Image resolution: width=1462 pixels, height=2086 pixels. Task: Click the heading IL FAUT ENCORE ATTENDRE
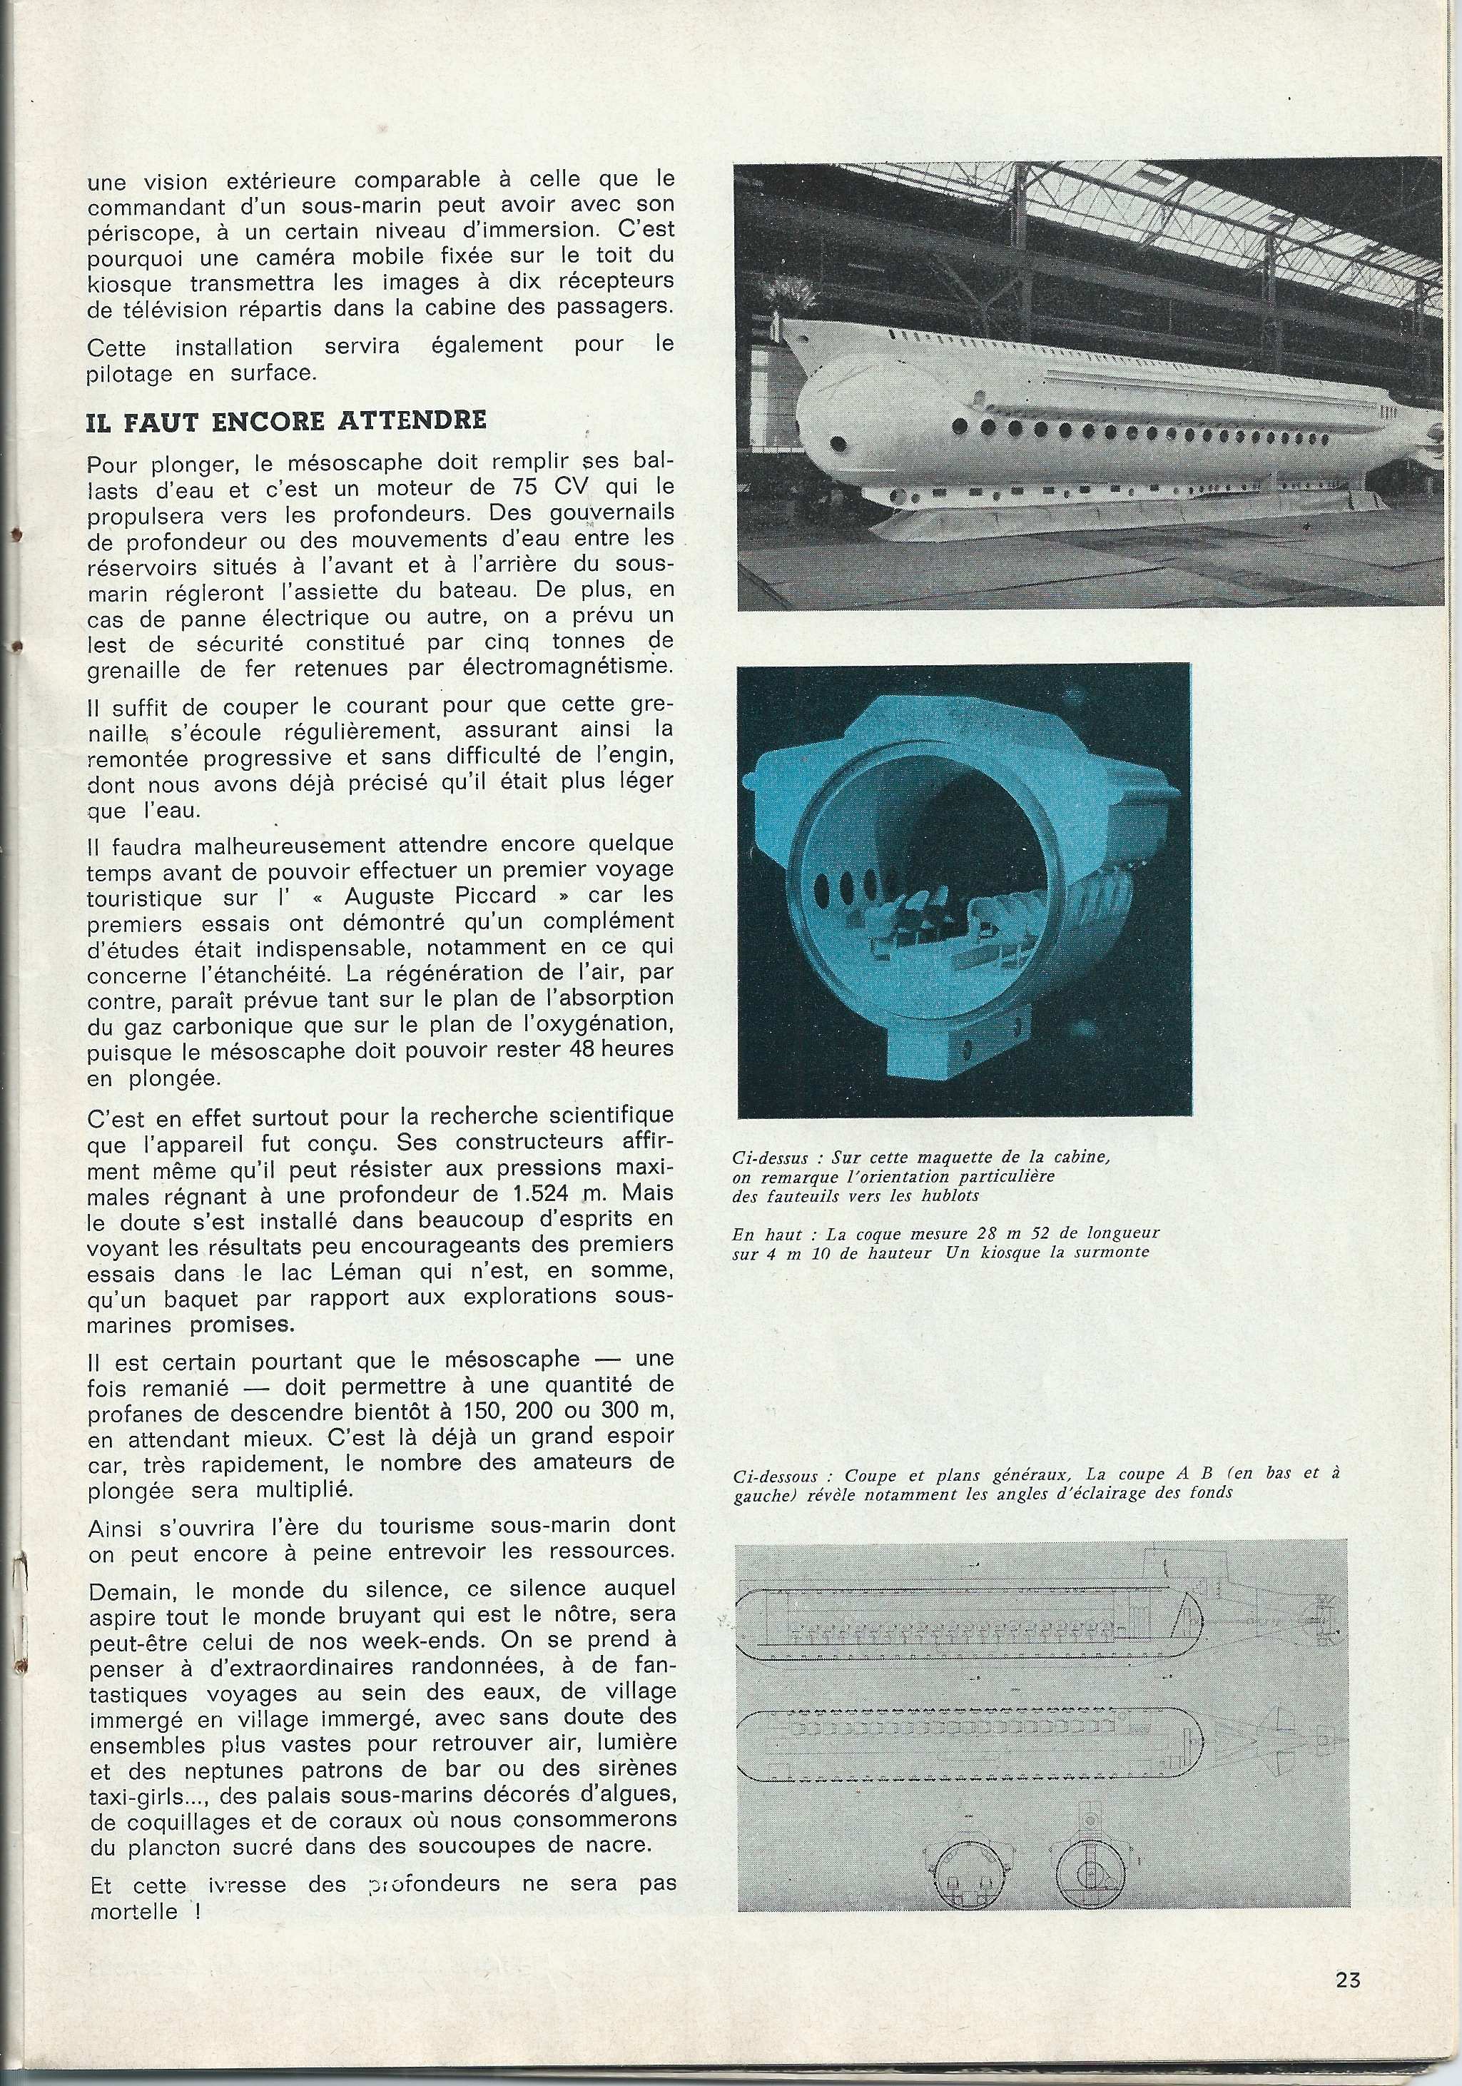tap(286, 420)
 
